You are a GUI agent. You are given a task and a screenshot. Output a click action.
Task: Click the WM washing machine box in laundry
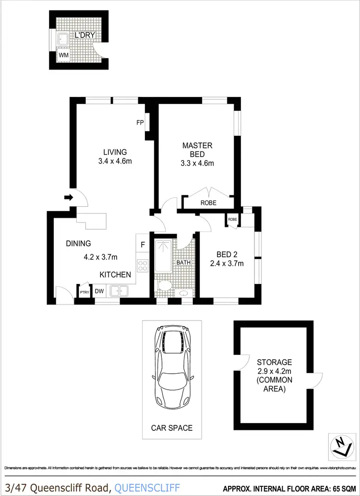click(x=63, y=55)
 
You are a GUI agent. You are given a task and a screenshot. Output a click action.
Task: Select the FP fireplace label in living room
click(x=140, y=123)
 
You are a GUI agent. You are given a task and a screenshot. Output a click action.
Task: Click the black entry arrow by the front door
click(x=68, y=197)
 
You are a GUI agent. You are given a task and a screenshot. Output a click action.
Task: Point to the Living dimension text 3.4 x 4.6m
click(x=114, y=161)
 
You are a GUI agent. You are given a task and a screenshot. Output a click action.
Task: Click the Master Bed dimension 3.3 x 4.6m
click(x=194, y=163)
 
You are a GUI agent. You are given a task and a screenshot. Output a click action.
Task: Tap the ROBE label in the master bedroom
click(x=208, y=203)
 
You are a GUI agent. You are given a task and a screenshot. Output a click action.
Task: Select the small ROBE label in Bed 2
click(x=233, y=219)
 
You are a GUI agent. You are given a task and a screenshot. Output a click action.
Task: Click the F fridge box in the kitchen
click(x=143, y=245)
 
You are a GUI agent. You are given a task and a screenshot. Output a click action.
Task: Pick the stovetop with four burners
click(x=143, y=266)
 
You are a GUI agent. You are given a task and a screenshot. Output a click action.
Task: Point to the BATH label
click(x=183, y=262)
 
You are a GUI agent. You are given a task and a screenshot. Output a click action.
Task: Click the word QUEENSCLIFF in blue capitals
click(x=148, y=487)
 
